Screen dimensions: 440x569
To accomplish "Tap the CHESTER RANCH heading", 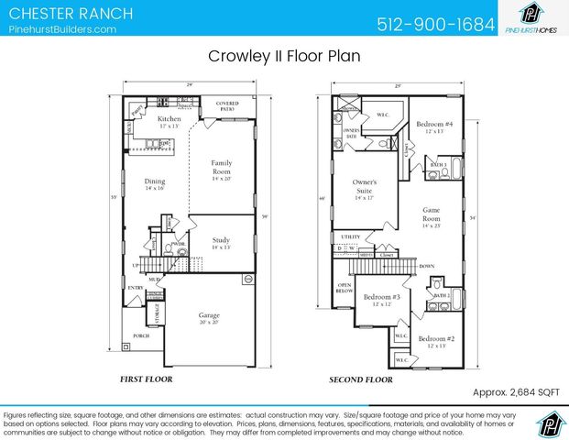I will (70, 14).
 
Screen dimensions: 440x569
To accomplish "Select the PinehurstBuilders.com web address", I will (62, 29).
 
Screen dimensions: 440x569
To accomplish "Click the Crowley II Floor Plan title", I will (284, 56).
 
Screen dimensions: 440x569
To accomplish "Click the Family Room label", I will (222, 168).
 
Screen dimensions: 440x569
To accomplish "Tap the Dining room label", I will (155, 183).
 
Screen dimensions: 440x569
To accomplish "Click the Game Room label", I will (432, 214).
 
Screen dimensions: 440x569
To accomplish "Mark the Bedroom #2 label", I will (437, 341).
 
